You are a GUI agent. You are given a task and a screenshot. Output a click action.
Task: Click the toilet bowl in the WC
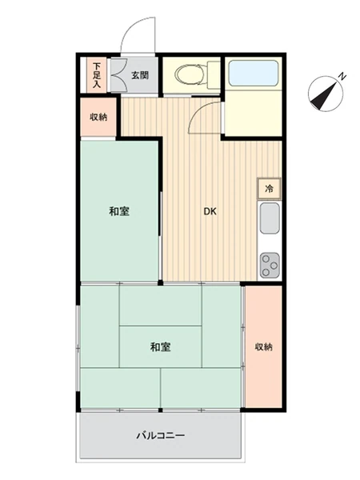click(x=190, y=74)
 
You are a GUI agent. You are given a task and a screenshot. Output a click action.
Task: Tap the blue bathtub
click(x=253, y=74)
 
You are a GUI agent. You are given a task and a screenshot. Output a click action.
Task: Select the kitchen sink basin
click(x=270, y=218)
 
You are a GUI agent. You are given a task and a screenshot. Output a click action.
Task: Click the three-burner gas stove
click(x=270, y=265)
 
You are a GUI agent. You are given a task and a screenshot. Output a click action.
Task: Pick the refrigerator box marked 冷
click(x=269, y=189)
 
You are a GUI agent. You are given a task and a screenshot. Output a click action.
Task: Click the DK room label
click(x=210, y=211)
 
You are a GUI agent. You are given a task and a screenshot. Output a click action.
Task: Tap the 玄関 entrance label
click(x=140, y=75)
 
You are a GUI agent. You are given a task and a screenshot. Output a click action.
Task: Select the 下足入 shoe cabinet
click(x=97, y=75)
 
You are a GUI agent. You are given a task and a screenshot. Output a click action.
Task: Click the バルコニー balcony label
click(x=161, y=435)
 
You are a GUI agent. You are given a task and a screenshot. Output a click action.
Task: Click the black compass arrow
click(x=322, y=96)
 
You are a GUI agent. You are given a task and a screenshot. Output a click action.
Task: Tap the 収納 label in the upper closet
click(x=98, y=117)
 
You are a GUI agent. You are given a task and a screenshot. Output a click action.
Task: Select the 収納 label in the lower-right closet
click(x=263, y=347)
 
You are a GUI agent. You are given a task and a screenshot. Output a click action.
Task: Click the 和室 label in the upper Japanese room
click(x=119, y=211)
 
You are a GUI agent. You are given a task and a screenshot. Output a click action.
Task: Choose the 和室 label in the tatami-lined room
click(x=160, y=347)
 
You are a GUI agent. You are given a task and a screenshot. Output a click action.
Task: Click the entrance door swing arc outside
click(x=133, y=26)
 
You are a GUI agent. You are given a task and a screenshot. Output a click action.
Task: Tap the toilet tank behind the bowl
click(x=214, y=74)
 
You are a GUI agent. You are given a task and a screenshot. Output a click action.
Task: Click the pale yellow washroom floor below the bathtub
click(x=253, y=113)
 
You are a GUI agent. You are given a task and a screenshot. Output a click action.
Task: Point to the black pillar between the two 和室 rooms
click(x=160, y=282)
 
